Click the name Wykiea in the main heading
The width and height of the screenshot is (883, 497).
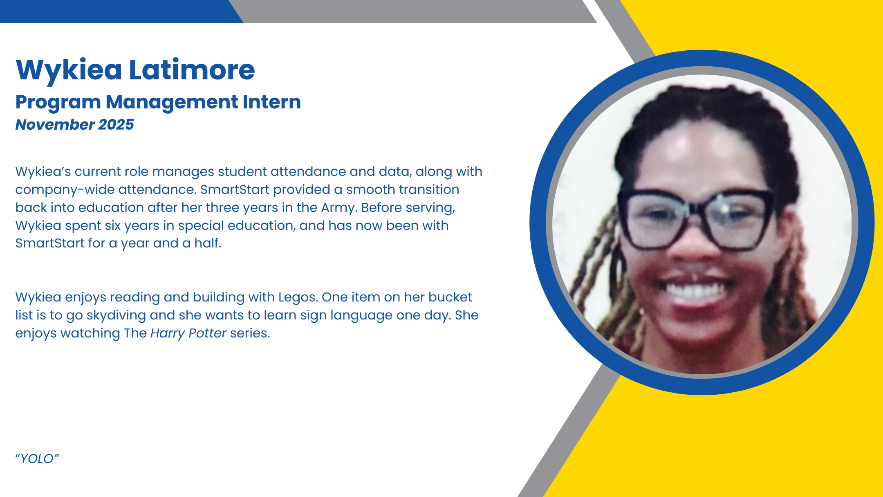(x=69, y=70)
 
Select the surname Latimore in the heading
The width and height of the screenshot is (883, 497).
(x=192, y=70)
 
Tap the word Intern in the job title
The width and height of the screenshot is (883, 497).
(x=272, y=102)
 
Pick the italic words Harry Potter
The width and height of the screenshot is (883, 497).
(x=188, y=333)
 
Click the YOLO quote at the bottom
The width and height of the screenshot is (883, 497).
(x=37, y=459)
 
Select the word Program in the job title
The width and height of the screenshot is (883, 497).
(x=58, y=103)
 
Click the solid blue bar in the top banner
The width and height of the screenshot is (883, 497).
(x=119, y=11)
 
